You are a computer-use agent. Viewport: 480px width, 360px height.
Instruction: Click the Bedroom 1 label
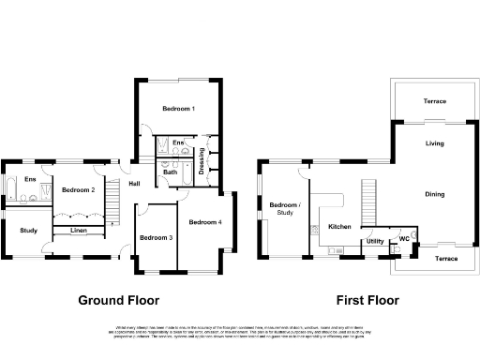(178, 109)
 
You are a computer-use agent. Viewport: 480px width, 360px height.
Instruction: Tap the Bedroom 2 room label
(78, 190)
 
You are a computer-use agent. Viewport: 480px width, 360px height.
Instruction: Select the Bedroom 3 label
(156, 238)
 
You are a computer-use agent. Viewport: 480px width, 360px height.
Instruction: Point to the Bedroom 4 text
(204, 222)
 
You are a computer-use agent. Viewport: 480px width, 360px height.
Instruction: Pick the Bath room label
(171, 172)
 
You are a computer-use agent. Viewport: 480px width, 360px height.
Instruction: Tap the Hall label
(135, 184)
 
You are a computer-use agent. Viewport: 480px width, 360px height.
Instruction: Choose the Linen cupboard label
(79, 230)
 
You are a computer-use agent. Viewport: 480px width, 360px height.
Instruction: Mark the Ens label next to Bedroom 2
(30, 179)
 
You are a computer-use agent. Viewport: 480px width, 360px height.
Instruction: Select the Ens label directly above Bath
(176, 142)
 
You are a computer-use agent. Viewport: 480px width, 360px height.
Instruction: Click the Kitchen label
(339, 226)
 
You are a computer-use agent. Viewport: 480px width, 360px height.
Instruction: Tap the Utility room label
(375, 241)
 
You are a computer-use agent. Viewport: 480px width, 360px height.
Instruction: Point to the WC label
(404, 238)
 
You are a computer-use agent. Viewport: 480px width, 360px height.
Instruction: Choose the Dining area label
(435, 194)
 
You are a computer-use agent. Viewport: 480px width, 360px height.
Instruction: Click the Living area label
(434, 143)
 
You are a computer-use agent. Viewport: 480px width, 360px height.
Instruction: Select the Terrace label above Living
(434, 101)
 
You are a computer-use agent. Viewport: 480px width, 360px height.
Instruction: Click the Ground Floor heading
(118, 301)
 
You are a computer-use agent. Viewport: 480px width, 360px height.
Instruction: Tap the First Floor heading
(367, 301)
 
